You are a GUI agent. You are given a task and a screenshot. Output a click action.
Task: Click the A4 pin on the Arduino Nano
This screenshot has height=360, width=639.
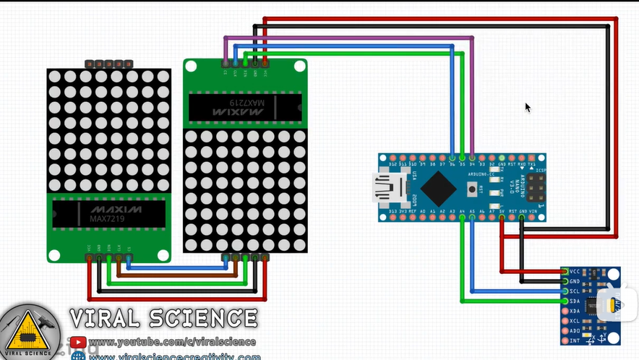click(462, 216)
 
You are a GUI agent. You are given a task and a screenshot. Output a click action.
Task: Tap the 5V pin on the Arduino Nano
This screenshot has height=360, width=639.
click(502, 216)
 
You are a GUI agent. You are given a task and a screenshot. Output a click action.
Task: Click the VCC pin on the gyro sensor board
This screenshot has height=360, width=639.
click(565, 271)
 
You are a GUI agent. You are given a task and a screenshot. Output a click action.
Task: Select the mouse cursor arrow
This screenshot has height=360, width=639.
click(528, 107)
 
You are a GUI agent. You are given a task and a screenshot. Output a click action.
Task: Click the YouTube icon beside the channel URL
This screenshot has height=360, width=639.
click(77, 342)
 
